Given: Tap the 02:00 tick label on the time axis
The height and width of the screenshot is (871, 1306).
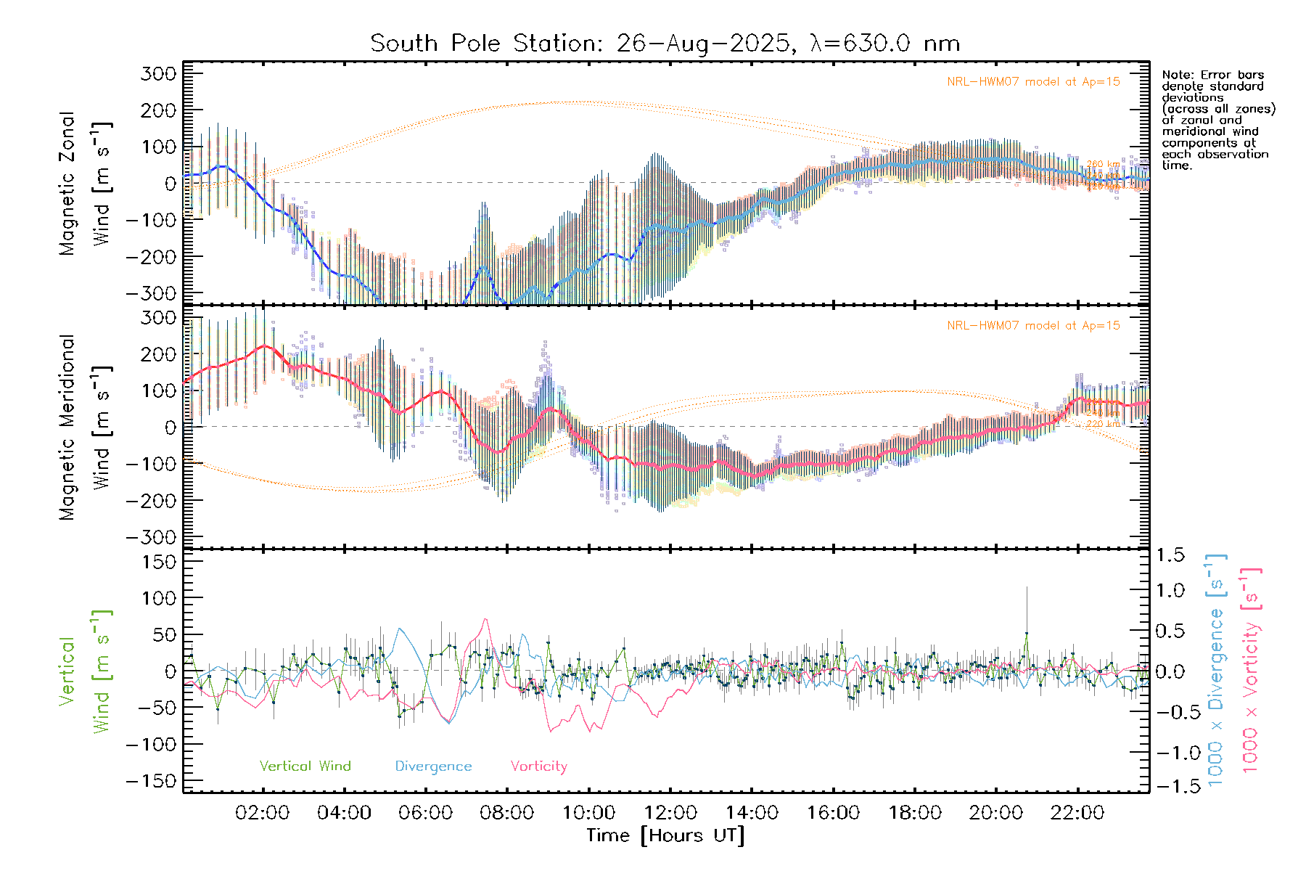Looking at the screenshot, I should [x=263, y=813].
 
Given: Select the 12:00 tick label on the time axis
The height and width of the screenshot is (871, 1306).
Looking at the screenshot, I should [x=670, y=813].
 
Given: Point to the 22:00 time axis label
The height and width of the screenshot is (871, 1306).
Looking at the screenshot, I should [x=1077, y=813].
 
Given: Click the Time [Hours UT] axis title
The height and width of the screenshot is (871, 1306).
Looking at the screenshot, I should [x=665, y=835].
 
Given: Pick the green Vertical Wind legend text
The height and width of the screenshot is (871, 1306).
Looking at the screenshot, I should [x=305, y=766].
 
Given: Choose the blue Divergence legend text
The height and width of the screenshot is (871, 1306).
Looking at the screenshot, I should [x=433, y=766].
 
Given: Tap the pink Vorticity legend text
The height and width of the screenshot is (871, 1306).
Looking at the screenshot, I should [x=538, y=766].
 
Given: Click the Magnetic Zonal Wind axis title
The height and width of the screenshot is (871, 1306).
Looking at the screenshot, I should [x=86, y=183].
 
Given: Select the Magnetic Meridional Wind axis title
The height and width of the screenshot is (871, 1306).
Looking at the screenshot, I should [x=86, y=428].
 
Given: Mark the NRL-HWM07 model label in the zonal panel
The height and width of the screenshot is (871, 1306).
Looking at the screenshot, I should [x=1033, y=82].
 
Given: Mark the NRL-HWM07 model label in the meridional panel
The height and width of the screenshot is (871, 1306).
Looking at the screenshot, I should [x=1033, y=326].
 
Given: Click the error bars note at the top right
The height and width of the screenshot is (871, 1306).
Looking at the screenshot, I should [x=1217, y=120].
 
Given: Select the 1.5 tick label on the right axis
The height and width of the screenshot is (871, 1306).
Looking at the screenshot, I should [x=1170, y=555].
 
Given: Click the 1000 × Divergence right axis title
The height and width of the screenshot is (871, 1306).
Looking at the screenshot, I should [x=1216, y=670].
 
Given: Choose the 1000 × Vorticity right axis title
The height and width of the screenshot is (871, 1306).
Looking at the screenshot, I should [x=1251, y=670].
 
